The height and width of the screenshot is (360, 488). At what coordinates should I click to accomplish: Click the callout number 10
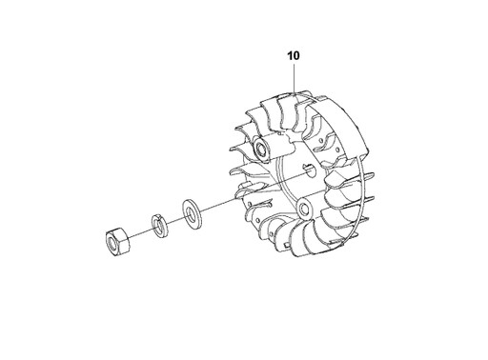pyautogui.click(x=294, y=56)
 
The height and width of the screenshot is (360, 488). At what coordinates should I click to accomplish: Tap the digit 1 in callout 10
pyautogui.click(x=290, y=56)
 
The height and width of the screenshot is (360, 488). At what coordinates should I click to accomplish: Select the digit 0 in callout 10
pyautogui.click(x=296, y=56)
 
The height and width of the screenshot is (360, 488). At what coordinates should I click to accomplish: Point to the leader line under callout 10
pyautogui.click(x=295, y=78)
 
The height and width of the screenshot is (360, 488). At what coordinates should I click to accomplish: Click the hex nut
pyautogui.click(x=117, y=242)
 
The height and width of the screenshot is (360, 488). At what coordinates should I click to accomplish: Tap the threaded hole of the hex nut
pyautogui.click(x=113, y=243)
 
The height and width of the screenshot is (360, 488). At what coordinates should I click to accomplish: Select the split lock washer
pyautogui.click(x=158, y=225)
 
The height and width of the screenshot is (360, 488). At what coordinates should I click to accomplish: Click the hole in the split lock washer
pyautogui.click(x=157, y=226)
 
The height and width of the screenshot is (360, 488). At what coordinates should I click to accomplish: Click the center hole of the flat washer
pyautogui.click(x=191, y=213)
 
